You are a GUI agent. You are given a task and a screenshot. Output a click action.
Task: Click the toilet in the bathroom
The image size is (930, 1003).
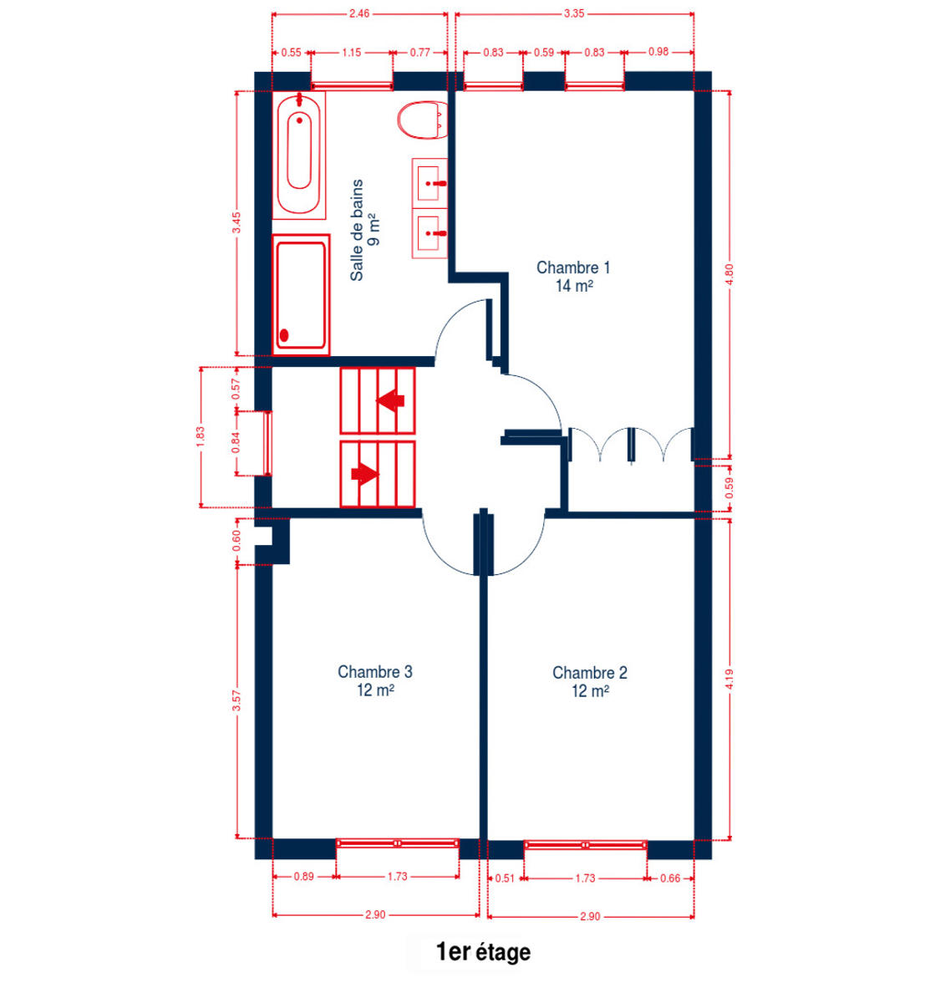coord(422,120)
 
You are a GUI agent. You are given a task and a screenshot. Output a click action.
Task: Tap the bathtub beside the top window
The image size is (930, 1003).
coord(299,155)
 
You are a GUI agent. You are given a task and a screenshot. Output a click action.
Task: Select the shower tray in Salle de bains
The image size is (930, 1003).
coord(301,295)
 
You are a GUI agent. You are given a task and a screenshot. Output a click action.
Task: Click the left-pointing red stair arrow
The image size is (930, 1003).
coord(390,400)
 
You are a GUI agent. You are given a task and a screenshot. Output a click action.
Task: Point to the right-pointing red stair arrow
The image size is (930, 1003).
coord(364,474)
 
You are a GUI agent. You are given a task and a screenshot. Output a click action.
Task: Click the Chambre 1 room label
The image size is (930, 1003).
coord(573,277)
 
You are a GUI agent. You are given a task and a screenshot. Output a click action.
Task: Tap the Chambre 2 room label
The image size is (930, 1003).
coord(590,682)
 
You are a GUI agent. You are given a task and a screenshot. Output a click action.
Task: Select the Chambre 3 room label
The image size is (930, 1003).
coord(375,681)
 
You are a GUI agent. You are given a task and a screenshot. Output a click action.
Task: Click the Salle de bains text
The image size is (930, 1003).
coord(357,230)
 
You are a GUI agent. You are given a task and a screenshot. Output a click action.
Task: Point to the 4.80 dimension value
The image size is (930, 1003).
coord(729,274)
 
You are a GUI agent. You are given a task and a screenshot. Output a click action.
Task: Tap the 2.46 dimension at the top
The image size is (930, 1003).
coord(359,13)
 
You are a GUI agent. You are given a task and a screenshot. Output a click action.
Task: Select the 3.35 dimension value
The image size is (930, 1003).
coord(574,13)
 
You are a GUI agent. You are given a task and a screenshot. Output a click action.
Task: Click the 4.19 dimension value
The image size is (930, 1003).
coord(729,680)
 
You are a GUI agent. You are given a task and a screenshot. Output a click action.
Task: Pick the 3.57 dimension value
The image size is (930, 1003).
coord(236,700)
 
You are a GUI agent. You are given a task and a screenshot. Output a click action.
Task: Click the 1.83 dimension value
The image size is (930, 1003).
coord(201,437)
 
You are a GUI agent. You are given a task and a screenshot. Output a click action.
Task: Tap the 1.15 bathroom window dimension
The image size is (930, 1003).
coord(352,53)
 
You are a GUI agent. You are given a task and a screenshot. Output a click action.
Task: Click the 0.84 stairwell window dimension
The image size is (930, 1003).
coord(236,443)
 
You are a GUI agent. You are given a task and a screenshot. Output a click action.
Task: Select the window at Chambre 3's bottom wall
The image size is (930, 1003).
coord(398,843)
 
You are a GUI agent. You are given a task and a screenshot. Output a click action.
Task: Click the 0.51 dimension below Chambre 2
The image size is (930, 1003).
coord(505,878)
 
